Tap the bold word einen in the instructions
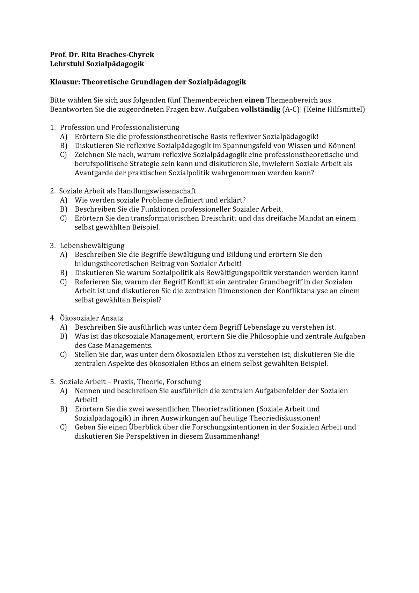point(254,100)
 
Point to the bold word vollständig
point(260,109)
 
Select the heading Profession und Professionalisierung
point(119,127)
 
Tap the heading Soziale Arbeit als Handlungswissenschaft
point(127,191)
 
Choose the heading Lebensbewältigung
point(92,246)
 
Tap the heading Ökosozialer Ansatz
point(91,318)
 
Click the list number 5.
point(52,382)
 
